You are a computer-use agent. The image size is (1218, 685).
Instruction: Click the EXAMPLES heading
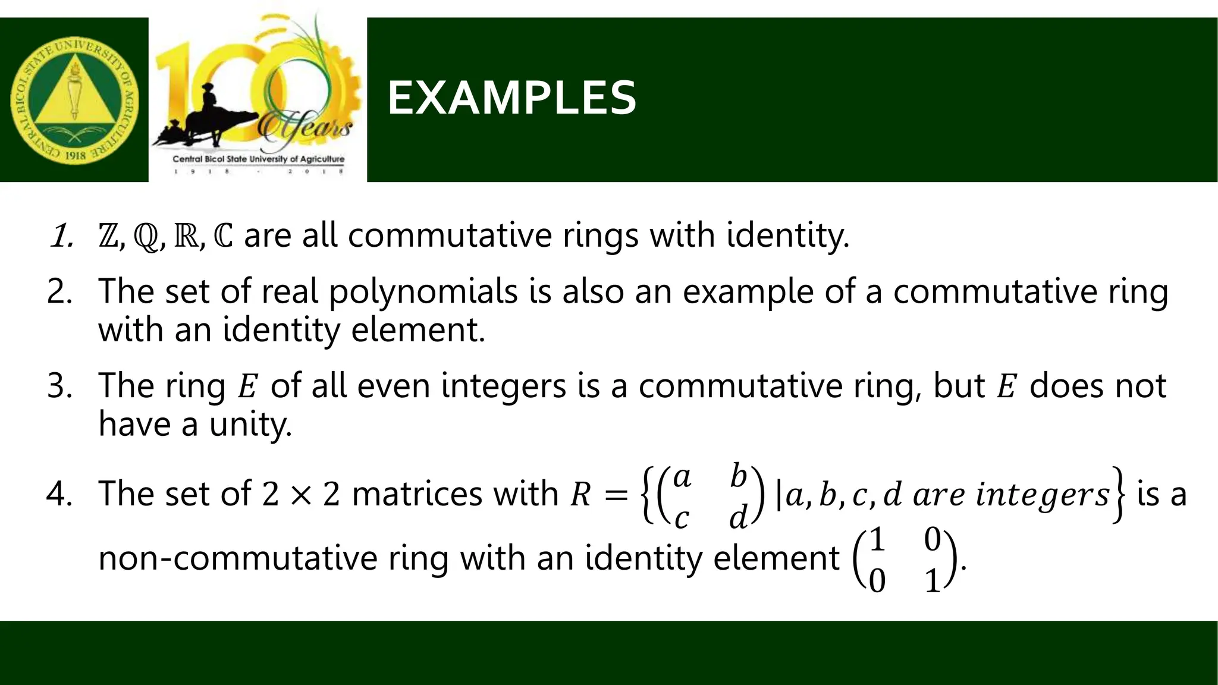tap(511, 98)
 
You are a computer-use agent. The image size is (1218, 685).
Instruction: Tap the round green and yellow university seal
tap(74, 100)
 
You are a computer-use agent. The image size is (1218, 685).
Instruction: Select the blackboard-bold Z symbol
tap(108, 236)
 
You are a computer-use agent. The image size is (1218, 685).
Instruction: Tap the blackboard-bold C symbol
tap(222, 236)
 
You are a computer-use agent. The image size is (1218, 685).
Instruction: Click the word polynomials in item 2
tap(423, 292)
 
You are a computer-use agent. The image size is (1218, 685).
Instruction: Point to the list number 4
tap(58, 494)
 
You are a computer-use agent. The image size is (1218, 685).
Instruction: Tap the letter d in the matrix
tap(738, 517)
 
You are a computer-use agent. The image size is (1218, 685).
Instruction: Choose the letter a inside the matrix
tap(682, 477)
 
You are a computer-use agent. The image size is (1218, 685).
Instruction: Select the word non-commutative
tap(237, 559)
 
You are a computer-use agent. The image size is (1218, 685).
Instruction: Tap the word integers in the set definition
tap(1043, 495)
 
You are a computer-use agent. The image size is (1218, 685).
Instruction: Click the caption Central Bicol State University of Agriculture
tap(258, 159)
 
